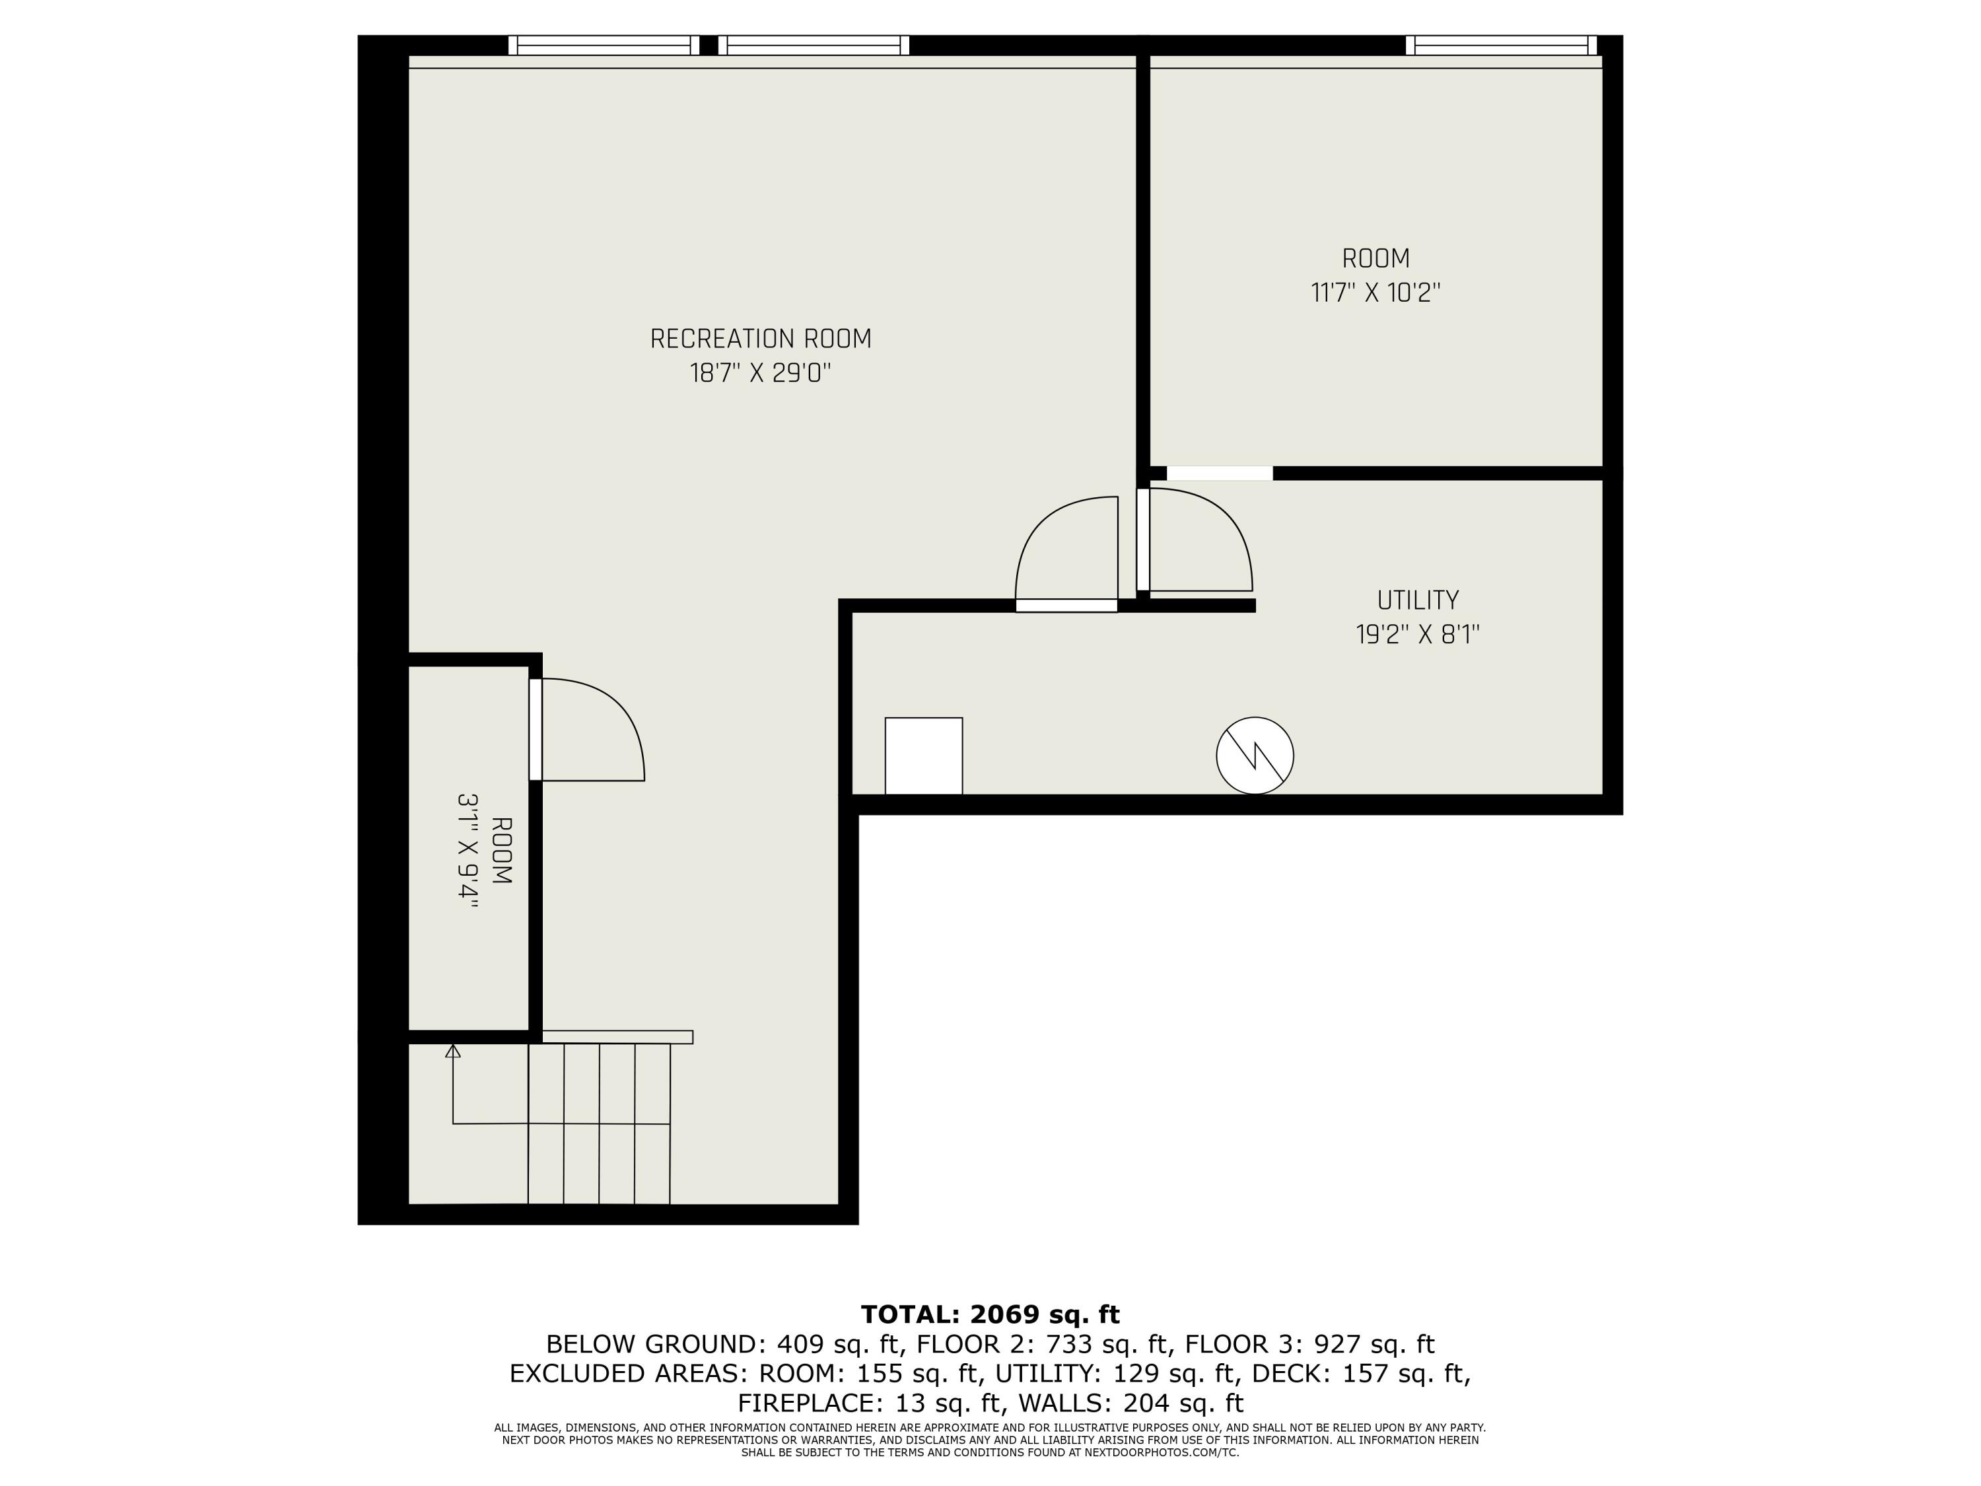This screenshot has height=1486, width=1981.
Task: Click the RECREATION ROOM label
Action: [760, 339]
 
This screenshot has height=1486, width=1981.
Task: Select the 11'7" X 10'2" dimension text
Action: [1375, 293]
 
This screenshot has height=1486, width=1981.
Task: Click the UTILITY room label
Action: [1417, 600]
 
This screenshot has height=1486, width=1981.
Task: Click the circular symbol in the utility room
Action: [1254, 755]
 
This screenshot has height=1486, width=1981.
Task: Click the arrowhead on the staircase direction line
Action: [453, 1051]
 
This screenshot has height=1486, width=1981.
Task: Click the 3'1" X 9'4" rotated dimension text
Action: [468, 851]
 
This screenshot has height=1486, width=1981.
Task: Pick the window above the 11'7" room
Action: [1500, 45]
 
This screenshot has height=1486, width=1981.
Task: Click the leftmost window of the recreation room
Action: [604, 45]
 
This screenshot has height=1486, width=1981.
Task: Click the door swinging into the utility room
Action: [1197, 542]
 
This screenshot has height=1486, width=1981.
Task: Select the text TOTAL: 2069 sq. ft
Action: [990, 1314]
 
